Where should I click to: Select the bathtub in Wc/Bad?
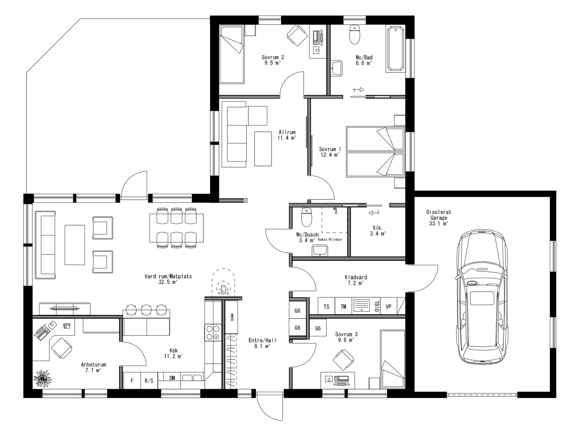point(396,49)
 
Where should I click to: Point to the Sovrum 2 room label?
point(273,60)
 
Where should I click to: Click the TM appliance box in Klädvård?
point(343,306)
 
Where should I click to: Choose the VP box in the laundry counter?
point(388,306)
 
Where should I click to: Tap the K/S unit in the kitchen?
point(149,381)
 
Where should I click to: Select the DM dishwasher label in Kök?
point(172,378)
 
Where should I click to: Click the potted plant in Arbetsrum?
point(43,379)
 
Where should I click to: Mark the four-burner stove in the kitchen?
point(213,333)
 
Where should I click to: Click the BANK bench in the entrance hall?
point(232,317)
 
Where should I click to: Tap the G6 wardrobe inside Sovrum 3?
point(318,328)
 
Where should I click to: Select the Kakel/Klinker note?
point(330,240)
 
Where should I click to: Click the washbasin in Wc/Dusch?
point(320,250)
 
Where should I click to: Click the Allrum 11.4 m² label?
point(287,135)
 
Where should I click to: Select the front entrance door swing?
point(269,407)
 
